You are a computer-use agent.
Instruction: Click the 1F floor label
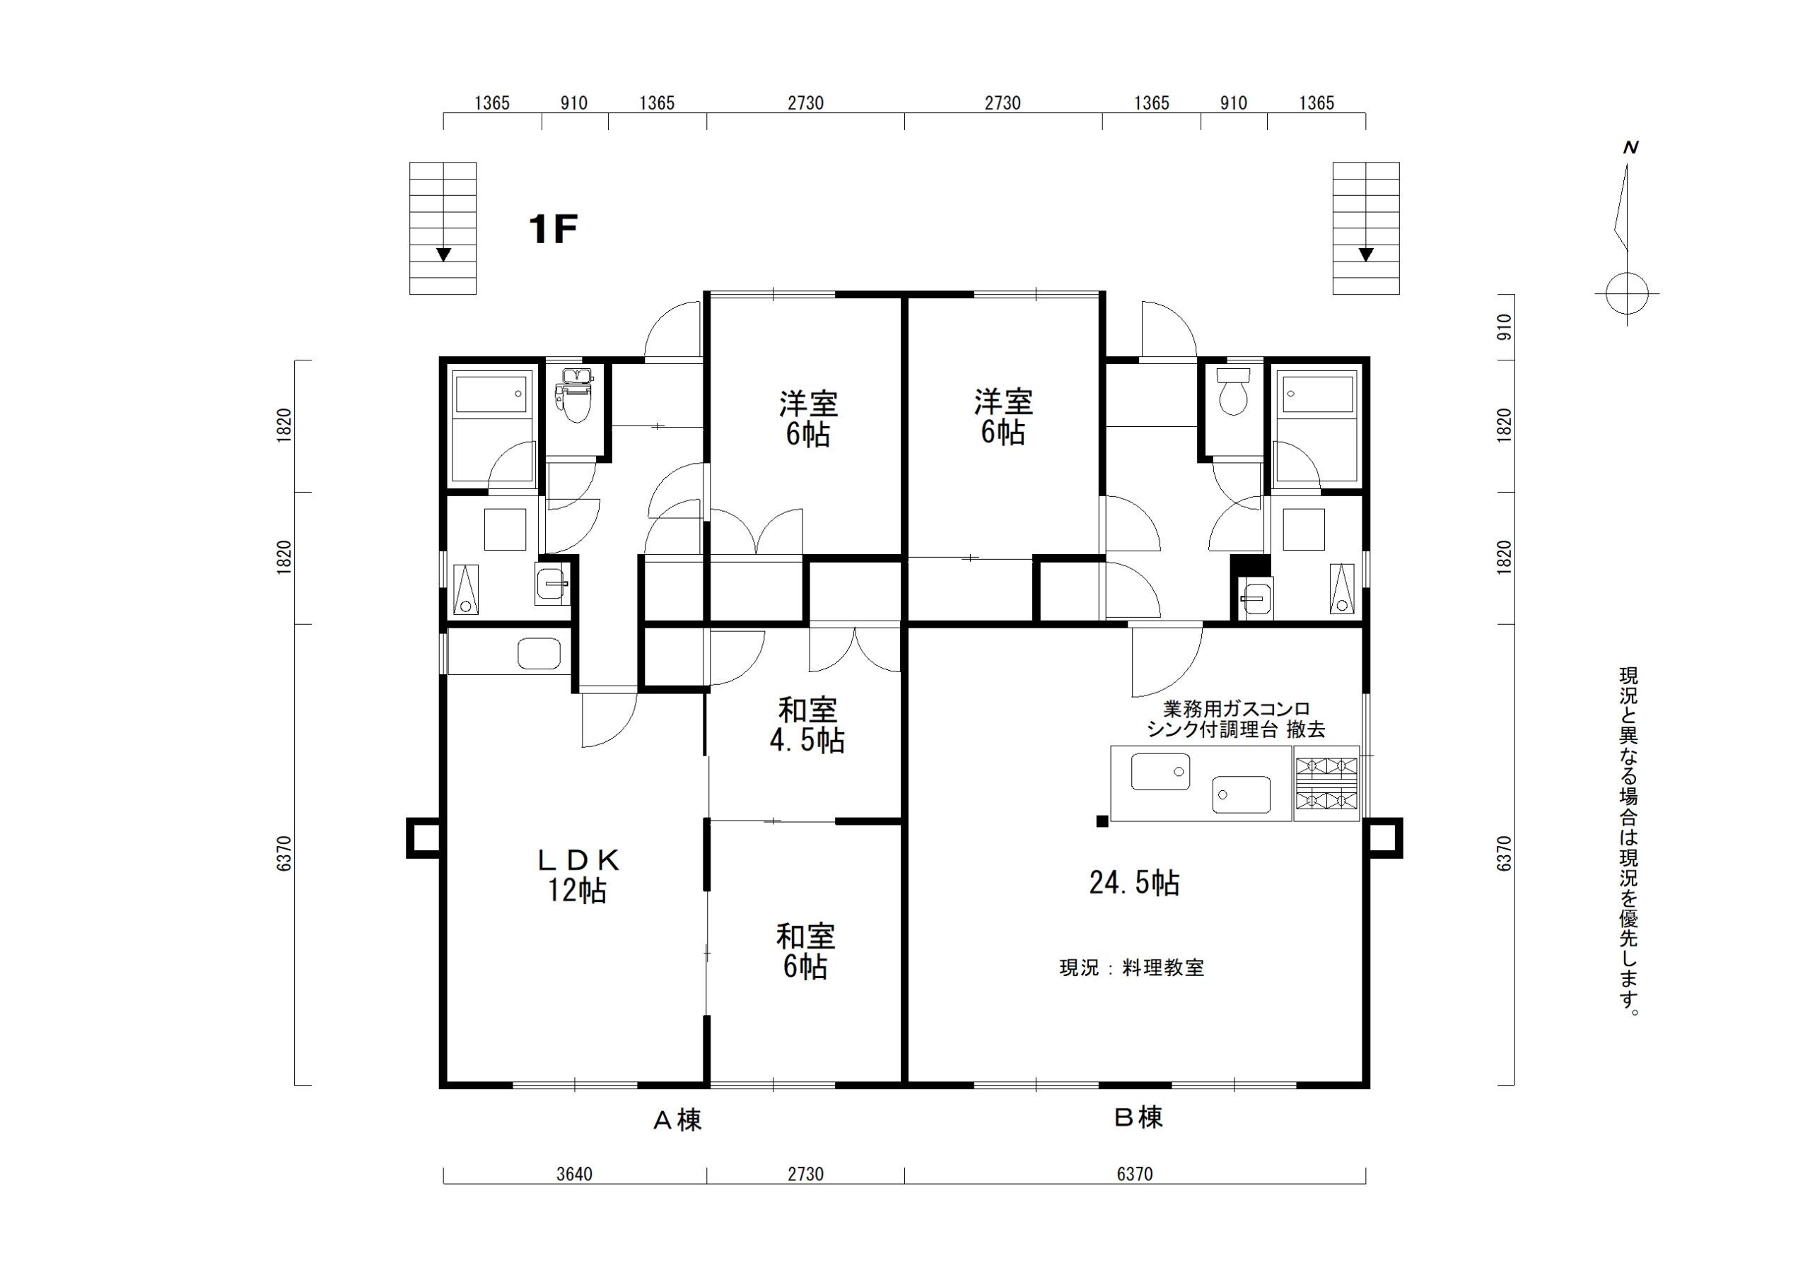click(554, 230)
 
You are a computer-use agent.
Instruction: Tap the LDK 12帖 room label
click(578, 875)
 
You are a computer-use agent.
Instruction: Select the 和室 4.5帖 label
click(807, 725)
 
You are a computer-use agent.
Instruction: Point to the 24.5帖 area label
click(1134, 883)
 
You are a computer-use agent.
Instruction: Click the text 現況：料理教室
click(1132, 968)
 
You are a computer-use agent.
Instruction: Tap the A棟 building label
click(677, 1120)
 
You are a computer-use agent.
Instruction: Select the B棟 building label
click(1139, 1117)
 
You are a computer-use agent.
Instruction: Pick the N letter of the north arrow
click(1630, 148)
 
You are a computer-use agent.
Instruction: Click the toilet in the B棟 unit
click(1232, 391)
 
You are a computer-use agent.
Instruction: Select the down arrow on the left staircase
click(444, 254)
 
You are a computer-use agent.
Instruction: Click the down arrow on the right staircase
click(1366, 254)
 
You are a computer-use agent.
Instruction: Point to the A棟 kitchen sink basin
click(539, 652)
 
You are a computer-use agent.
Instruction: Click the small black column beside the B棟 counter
click(1102, 821)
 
